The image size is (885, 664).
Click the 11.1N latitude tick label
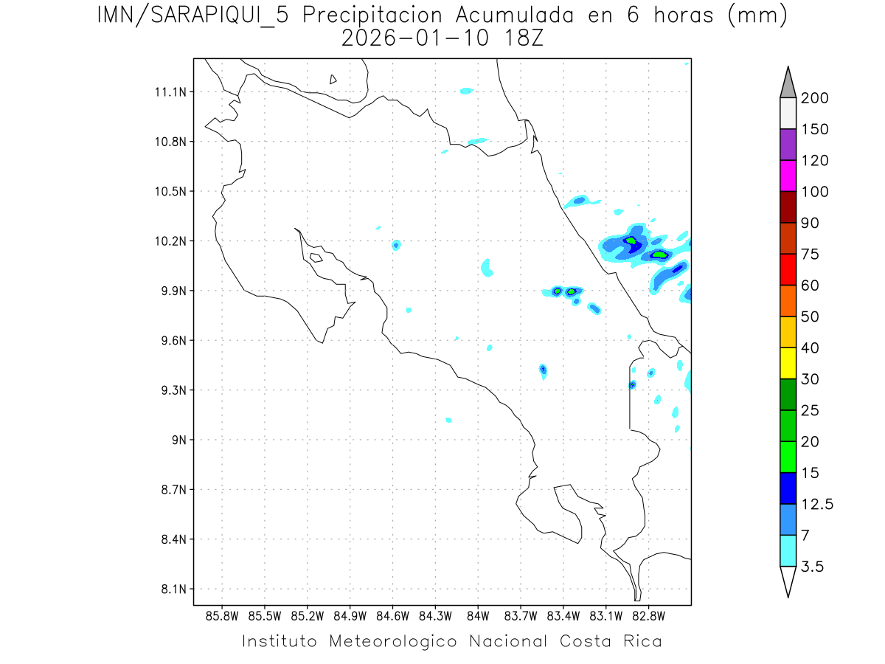[x=169, y=92]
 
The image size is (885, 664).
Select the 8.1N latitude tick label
[x=169, y=589]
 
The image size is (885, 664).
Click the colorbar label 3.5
[x=814, y=567]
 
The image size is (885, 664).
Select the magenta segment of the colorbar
[x=788, y=176]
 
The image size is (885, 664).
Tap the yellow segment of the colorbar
[x=788, y=363]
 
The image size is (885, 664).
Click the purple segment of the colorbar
[x=788, y=145]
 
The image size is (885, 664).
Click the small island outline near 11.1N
[x=333, y=79]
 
